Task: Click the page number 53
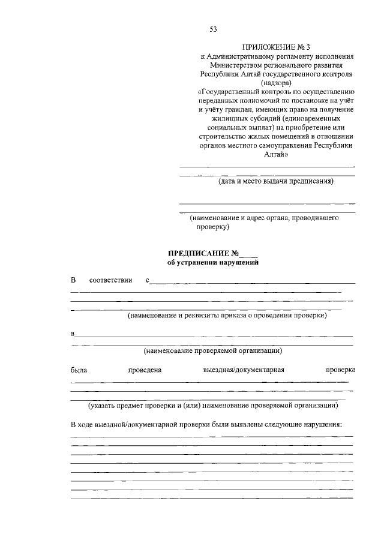pyautogui.click(x=214, y=29)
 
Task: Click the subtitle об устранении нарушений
pyautogui.click(x=213, y=262)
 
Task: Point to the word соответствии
pyautogui.click(x=110, y=280)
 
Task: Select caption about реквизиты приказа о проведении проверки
pyautogui.click(x=226, y=315)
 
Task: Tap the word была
pyautogui.click(x=79, y=370)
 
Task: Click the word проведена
pyautogui.click(x=145, y=370)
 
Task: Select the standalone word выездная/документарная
pyautogui.click(x=243, y=370)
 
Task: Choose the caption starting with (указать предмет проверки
pyautogui.click(x=213, y=405)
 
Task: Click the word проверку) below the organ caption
pyautogui.click(x=212, y=227)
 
